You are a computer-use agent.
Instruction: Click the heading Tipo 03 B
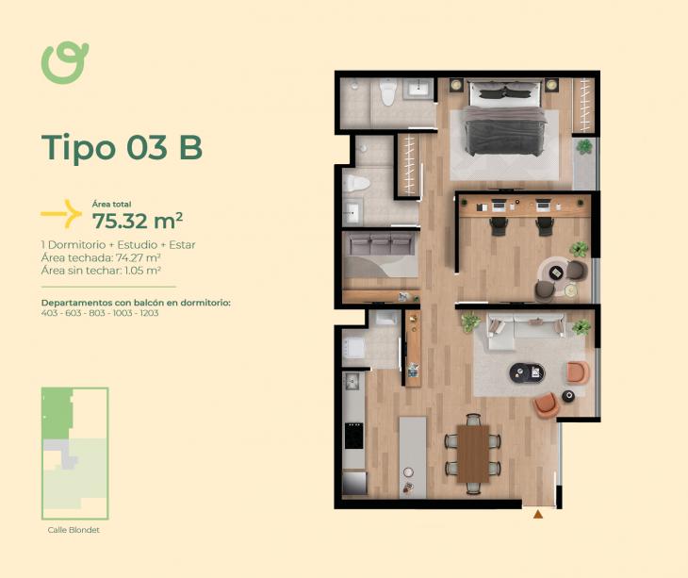[x=122, y=147]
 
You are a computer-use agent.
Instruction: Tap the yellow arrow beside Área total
[x=62, y=214]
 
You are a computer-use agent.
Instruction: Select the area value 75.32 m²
[x=138, y=222]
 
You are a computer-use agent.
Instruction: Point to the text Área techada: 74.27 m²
[x=101, y=257]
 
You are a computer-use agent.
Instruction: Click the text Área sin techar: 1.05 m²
[x=101, y=271]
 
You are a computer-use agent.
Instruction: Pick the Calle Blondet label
[x=74, y=530]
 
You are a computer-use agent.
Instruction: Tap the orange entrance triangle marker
[x=538, y=515]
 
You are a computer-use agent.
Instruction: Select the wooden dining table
[x=473, y=454]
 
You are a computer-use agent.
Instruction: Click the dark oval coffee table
[x=527, y=372]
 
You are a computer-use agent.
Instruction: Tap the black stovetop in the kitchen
[x=353, y=436]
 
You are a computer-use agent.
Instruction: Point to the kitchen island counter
[x=413, y=457]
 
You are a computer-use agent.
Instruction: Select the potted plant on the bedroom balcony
[x=584, y=146]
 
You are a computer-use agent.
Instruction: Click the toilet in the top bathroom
[x=388, y=92]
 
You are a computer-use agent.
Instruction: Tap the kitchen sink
[x=352, y=381]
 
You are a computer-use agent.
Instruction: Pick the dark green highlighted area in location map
[x=57, y=413]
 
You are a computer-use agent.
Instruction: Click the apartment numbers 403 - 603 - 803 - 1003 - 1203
[x=100, y=313]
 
